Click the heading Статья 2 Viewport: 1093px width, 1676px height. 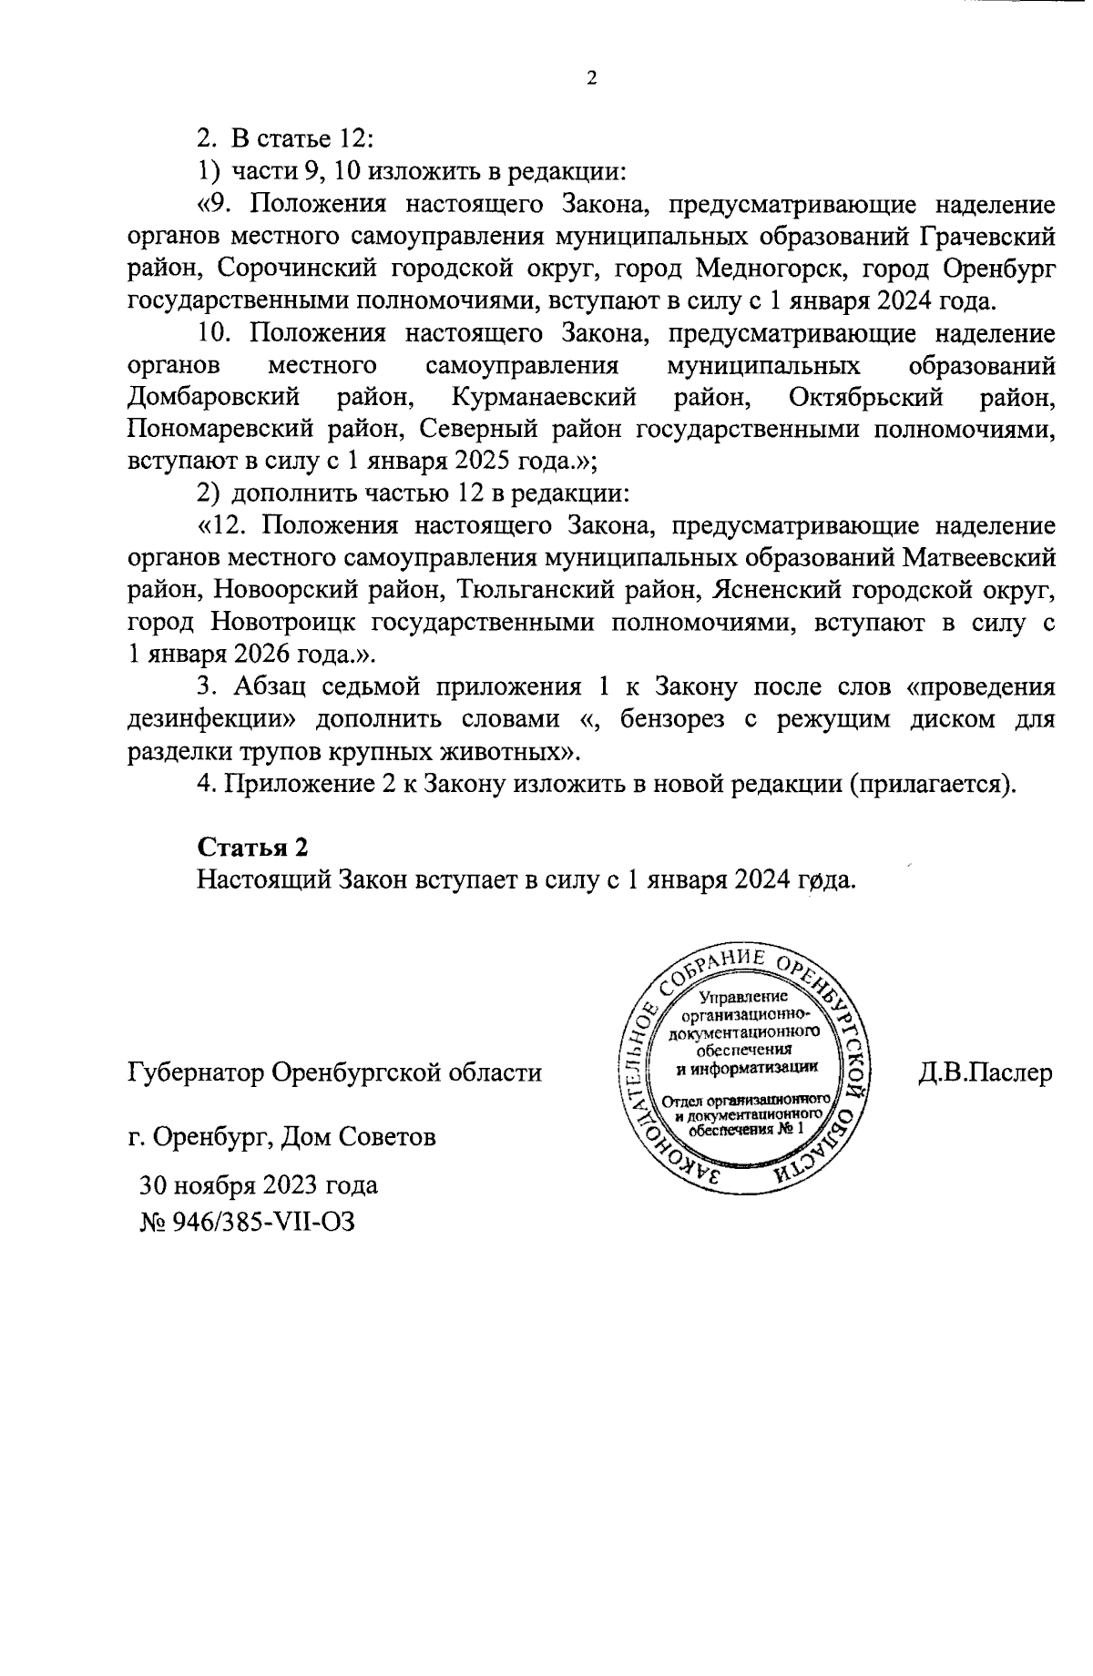coord(252,847)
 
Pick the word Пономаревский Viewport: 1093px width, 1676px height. coord(221,430)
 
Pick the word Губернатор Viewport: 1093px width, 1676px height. coord(194,1072)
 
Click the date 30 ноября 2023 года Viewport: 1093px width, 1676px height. coord(258,1185)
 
